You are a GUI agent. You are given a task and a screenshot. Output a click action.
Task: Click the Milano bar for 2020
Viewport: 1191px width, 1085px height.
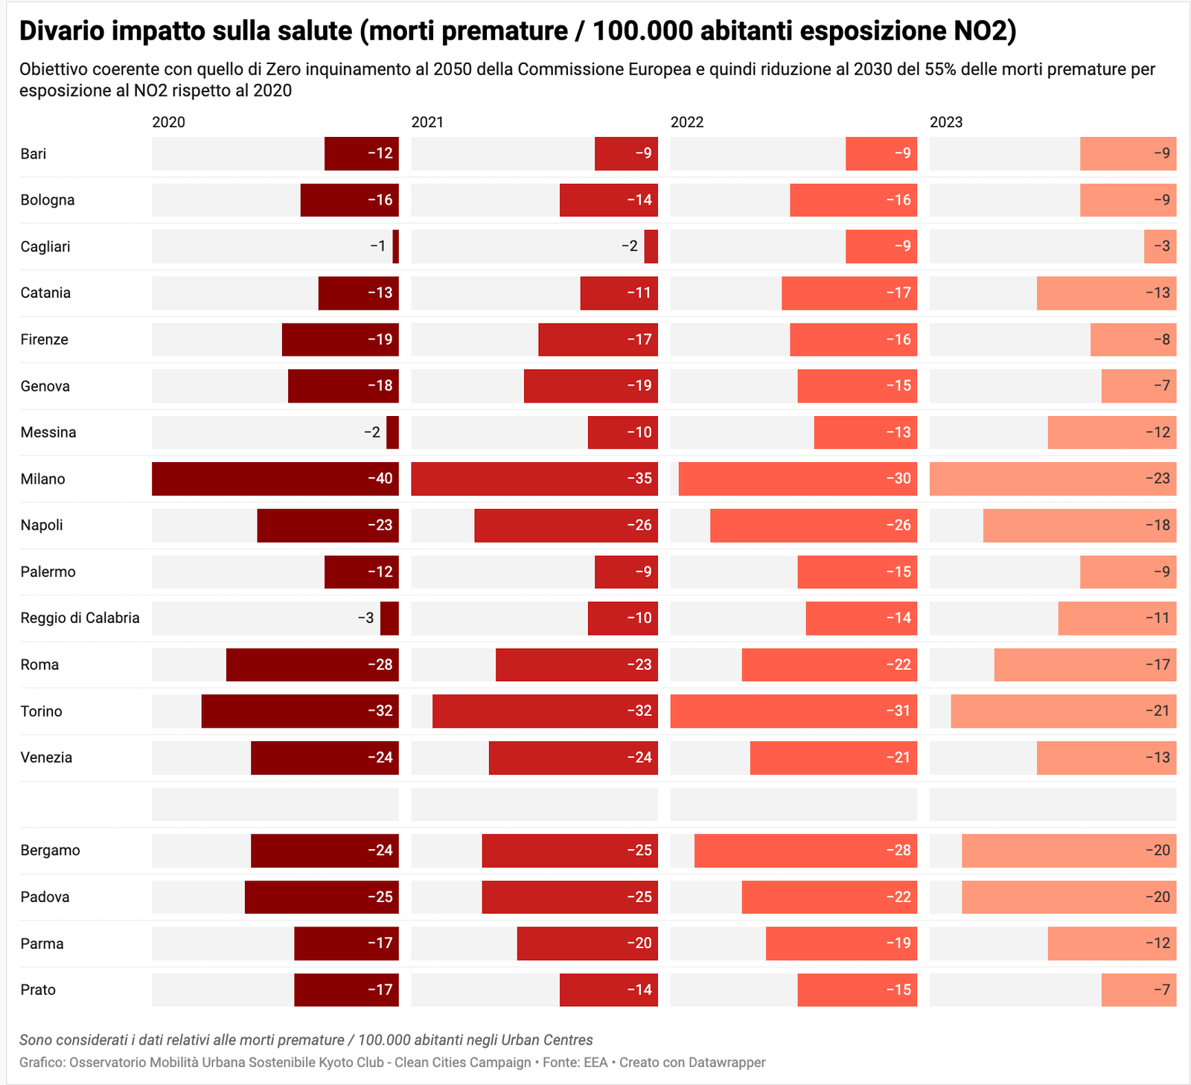pyautogui.click(x=275, y=479)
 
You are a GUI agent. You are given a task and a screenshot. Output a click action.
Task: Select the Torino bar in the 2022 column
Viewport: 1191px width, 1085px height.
pyautogui.click(x=794, y=711)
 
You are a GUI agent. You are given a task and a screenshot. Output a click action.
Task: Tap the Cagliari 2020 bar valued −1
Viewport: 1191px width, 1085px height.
pyautogui.click(x=396, y=246)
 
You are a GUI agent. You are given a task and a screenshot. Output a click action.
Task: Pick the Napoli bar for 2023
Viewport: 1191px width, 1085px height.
pyautogui.click(x=1079, y=525)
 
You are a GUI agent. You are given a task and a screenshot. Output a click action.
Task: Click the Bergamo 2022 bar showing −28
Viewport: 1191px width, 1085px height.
pyautogui.click(x=805, y=851)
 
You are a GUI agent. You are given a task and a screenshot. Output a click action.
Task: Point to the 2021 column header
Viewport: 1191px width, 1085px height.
pyautogui.click(x=427, y=122)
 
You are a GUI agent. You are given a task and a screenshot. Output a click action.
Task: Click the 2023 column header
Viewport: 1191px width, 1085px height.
pyautogui.click(x=946, y=122)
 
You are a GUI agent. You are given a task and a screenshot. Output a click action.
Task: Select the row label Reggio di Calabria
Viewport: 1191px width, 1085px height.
pyautogui.click(x=80, y=618)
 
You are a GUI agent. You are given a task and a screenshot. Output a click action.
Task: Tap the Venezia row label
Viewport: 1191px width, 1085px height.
pyautogui.click(x=46, y=758)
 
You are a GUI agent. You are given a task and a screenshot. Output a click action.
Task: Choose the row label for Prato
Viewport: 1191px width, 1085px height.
pyautogui.click(x=38, y=990)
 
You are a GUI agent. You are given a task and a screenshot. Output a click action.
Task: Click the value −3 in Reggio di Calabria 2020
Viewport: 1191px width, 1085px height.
pyautogui.click(x=365, y=618)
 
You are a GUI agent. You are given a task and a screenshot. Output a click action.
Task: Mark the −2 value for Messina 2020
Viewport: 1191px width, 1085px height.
pyautogui.click(x=371, y=432)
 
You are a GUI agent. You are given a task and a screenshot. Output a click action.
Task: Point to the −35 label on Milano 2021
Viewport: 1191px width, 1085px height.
pyautogui.click(x=639, y=479)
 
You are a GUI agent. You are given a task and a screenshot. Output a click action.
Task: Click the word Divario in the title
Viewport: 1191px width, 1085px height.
pyautogui.click(x=61, y=31)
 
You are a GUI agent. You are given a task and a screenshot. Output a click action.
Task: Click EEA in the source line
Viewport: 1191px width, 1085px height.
pyautogui.click(x=595, y=1062)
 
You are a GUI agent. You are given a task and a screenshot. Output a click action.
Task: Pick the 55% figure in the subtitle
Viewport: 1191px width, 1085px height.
pyautogui.click(x=939, y=69)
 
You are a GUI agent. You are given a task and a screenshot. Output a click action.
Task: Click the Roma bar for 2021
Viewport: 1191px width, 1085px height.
pyautogui.click(x=577, y=665)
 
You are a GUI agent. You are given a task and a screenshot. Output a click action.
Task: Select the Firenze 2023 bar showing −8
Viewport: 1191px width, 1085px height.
pyautogui.click(x=1133, y=339)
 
